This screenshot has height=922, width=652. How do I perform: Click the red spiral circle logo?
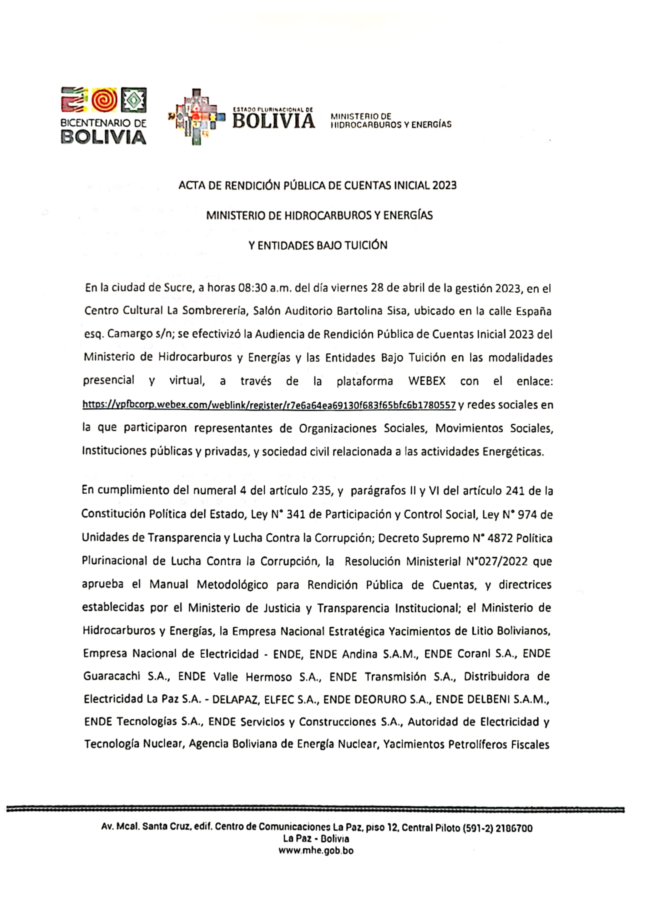[x=104, y=100]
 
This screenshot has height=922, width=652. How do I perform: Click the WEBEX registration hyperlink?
[x=269, y=405]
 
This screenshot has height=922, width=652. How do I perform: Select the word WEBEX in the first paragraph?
[x=427, y=381]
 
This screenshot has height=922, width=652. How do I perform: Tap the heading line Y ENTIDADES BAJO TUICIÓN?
[x=318, y=245]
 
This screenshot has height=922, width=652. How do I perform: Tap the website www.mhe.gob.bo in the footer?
[x=316, y=851]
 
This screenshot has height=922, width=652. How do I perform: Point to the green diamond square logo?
[x=134, y=100]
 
